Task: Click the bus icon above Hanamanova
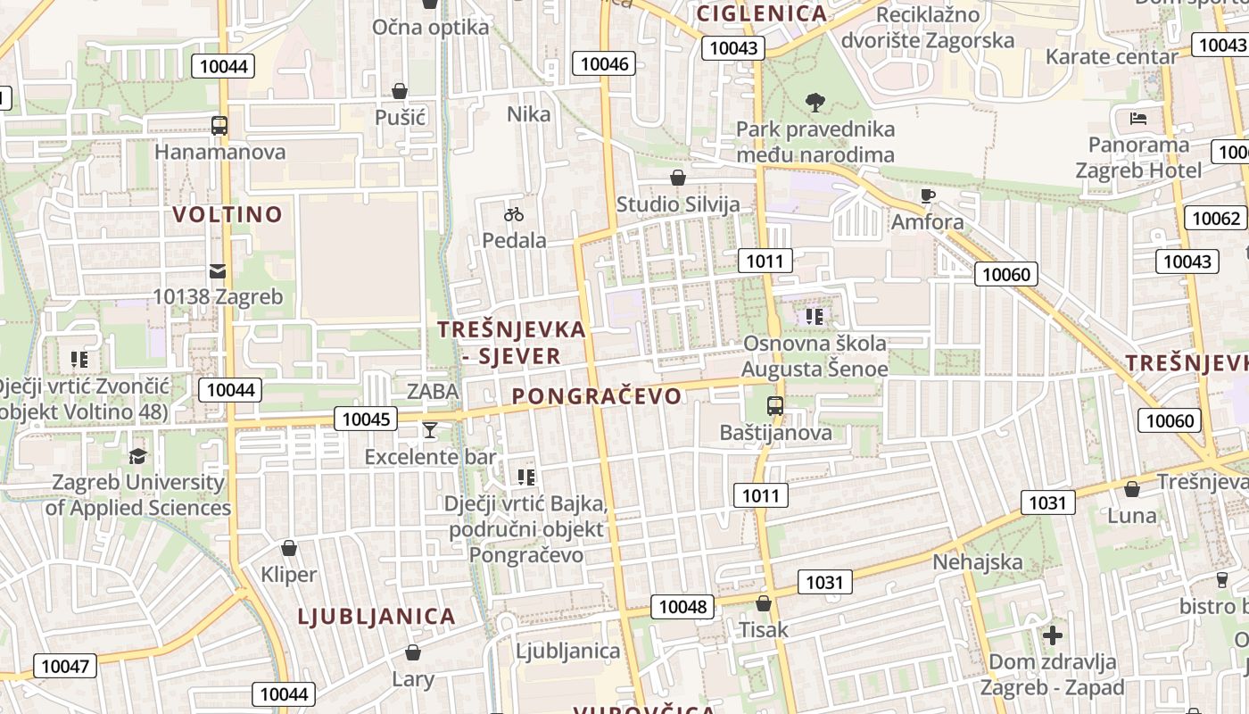point(219,126)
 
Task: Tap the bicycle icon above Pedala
point(513,214)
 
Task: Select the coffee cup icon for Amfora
point(928,195)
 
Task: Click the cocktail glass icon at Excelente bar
point(430,430)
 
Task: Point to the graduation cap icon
point(137,456)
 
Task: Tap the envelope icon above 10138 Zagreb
point(218,270)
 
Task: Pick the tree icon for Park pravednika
point(815,103)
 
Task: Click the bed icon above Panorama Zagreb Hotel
point(1137,118)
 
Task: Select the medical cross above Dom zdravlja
point(1053,635)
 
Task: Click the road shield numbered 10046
point(604,63)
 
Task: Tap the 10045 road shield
point(366,419)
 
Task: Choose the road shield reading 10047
point(65,666)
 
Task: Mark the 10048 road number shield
point(682,607)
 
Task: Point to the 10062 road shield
point(1215,218)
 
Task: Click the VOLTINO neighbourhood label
point(227,214)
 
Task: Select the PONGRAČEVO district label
point(597,396)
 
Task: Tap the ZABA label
point(433,391)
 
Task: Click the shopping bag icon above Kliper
point(288,548)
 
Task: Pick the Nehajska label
point(977,562)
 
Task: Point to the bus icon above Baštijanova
point(775,406)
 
